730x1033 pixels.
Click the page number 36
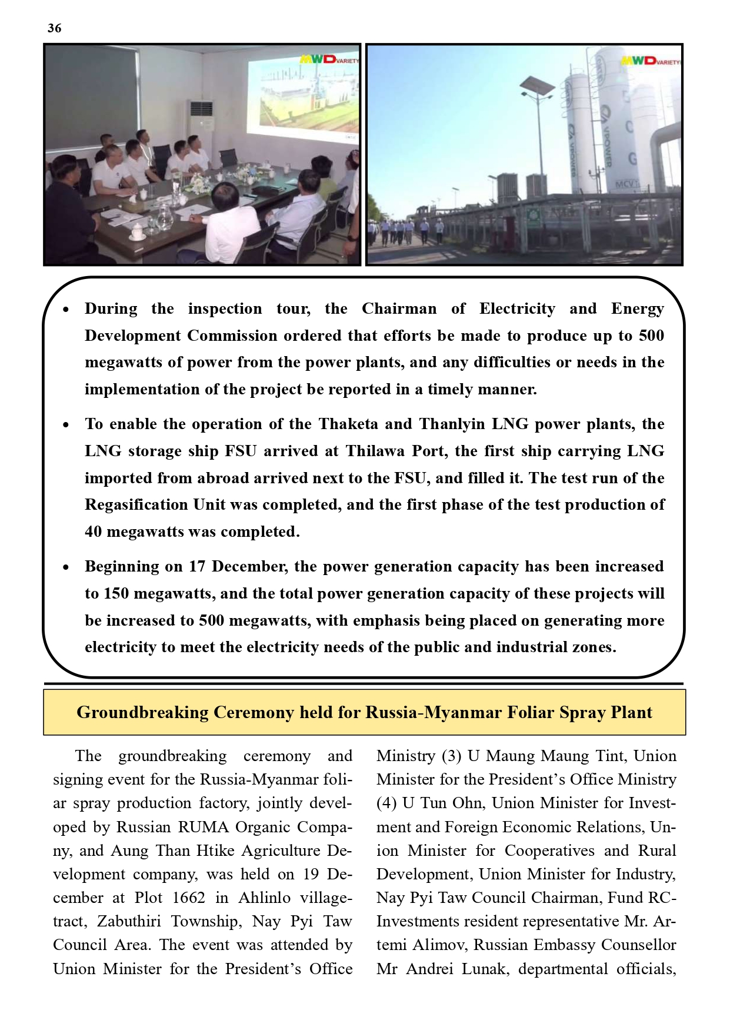click(x=54, y=28)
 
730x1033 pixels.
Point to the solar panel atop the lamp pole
click(x=537, y=87)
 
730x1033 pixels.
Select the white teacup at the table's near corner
click(x=137, y=231)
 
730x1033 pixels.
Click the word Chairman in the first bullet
click(x=399, y=308)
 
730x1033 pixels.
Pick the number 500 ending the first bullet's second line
click(x=651, y=336)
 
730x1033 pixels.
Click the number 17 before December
click(x=197, y=566)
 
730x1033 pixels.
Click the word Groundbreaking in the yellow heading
click(x=142, y=712)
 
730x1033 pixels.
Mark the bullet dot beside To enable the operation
click(x=66, y=424)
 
